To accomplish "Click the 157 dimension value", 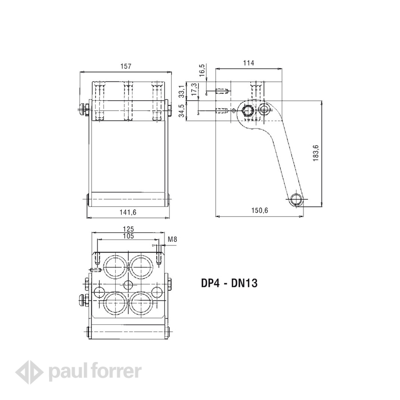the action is pos(126,66).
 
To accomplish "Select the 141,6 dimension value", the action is pos(128,212).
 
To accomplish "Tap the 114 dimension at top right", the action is pos(249,63).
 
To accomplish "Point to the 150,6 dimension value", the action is pos(260,210).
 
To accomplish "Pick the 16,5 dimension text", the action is pos(202,70).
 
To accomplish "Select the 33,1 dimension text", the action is pos(182,91).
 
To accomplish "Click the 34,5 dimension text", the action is pos(182,111).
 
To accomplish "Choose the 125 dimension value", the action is pos(128,229).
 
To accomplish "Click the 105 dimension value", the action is pos(128,236).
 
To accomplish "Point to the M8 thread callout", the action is pos(172,239).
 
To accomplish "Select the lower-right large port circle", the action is pos(141,303).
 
